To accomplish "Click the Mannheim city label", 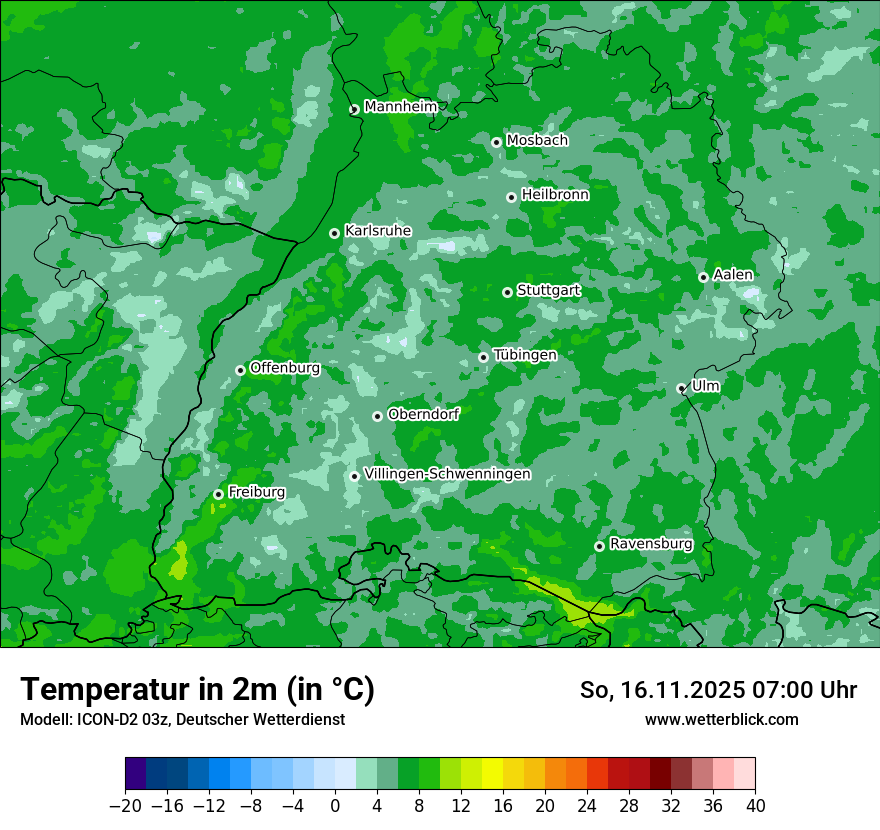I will click(x=400, y=107).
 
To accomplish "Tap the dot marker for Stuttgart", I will click(x=507, y=292).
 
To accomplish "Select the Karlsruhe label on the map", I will click(x=378, y=231).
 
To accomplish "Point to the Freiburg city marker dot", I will click(x=218, y=494).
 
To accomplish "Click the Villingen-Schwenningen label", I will click(x=448, y=474).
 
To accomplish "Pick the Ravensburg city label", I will click(x=651, y=544).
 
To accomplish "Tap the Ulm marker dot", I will click(x=681, y=388).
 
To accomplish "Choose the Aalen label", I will click(x=733, y=275).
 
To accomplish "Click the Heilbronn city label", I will click(x=555, y=195).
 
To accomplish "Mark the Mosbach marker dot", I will click(x=496, y=142).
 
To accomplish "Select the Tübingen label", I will click(x=525, y=355).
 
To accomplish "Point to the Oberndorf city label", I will click(x=423, y=414).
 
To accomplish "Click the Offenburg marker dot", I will click(x=240, y=370).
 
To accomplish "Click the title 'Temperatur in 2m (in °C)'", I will click(x=197, y=689).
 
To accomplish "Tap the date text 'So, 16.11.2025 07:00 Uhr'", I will click(x=718, y=690).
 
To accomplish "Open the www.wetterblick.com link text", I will click(x=722, y=719).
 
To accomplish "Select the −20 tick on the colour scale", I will click(x=125, y=806).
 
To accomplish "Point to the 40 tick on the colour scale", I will click(x=755, y=806).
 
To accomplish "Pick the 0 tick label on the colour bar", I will click(x=335, y=806).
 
